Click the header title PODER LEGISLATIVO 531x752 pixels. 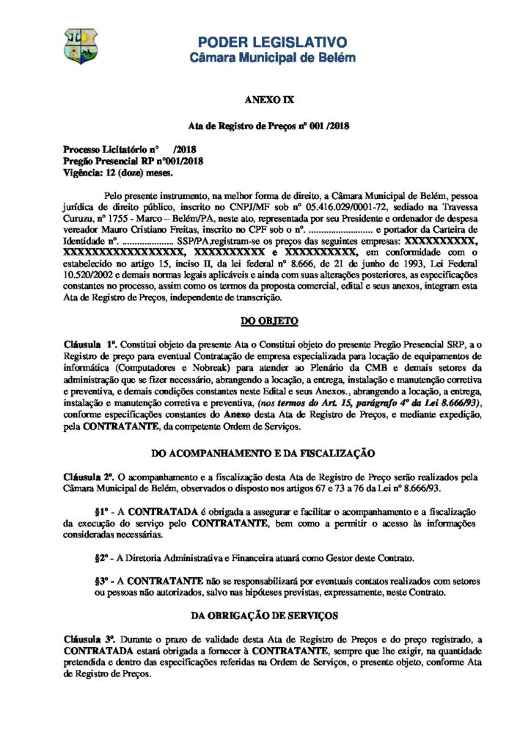(x=273, y=42)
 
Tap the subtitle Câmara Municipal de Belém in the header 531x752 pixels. (x=273, y=57)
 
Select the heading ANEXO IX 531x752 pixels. (x=265, y=98)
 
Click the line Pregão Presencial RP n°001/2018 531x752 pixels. (x=133, y=161)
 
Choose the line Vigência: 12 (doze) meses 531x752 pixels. (x=118, y=173)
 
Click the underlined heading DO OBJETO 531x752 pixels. (x=265, y=321)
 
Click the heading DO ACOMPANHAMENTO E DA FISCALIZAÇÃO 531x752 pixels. (x=265, y=453)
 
